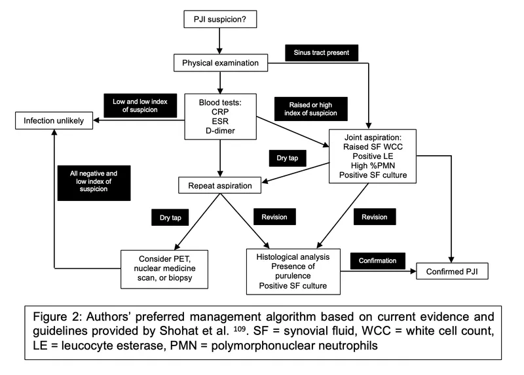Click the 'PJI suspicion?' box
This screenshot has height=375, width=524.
pyautogui.click(x=220, y=20)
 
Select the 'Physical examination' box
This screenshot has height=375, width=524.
pyautogui.click(x=220, y=64)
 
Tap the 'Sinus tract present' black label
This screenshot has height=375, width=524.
pyautogui.click(x=320, y=52)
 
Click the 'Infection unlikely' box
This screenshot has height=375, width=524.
pyautogui.click(x=53, y=121)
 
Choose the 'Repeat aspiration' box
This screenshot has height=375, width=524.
pyautogui.click(x=220, y=185)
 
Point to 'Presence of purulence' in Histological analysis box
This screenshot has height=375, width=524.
pyautogui.click(x=292, y=273)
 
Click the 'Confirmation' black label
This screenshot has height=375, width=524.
pyautogui.click(x=377, y=260)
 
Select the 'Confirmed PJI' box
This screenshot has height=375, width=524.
pyautogui.click(x=452, y=270)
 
